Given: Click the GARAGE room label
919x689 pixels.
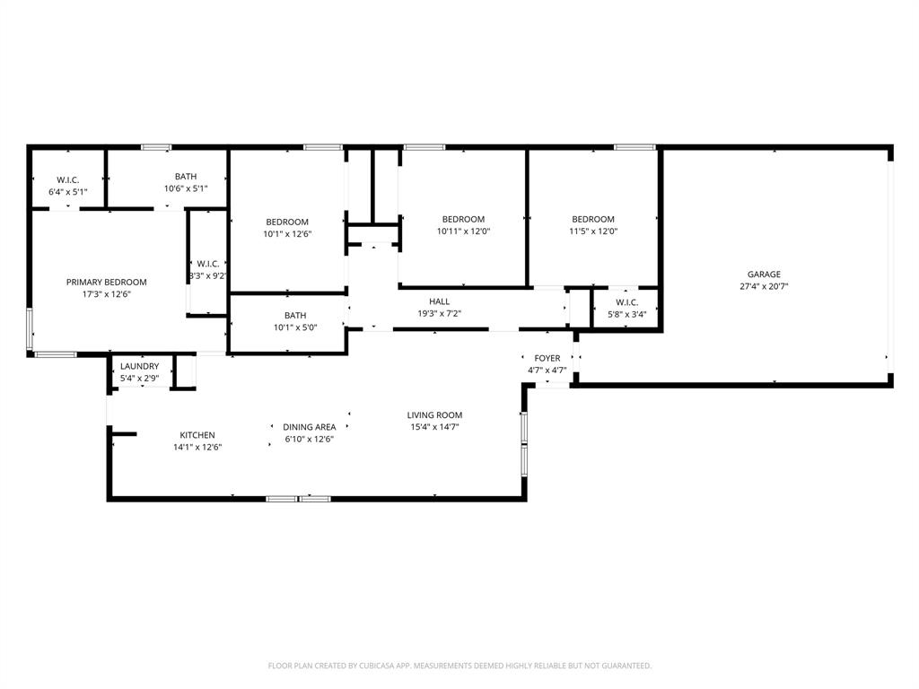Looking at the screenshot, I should [x=764, y=275].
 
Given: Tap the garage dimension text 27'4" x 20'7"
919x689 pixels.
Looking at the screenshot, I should [x=764, y=287].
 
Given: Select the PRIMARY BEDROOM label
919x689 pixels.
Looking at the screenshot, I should [x=106, y=282].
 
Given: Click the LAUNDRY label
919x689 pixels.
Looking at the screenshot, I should [x=140, y=366].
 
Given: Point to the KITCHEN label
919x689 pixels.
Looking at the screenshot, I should [x=197, y=435].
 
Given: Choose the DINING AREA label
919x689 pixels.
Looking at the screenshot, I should [x=310, y=427].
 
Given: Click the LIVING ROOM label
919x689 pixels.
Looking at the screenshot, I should [x=434, y=415].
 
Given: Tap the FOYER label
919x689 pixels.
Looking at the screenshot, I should [x=547, y=358].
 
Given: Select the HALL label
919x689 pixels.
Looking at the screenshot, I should [x=439, y=301].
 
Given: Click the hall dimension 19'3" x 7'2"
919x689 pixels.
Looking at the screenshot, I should [x=439, y=314].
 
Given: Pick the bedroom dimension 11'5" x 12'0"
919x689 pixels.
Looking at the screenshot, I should [x=593, y=231].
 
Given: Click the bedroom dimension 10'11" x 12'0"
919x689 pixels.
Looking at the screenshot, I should [x=463, y=231].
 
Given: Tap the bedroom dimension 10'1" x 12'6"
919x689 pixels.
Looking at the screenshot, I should [x=287, y=234].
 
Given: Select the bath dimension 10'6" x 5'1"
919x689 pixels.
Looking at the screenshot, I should [x=186, y=188].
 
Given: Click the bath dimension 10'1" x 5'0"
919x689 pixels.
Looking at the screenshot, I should [x=295, y=327].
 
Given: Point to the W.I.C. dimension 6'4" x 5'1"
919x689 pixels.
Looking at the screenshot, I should [x=68, y=192].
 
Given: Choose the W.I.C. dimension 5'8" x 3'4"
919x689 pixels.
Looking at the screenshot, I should [x=626, y=314].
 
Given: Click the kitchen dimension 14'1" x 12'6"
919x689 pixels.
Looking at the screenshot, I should [x=197, y=447].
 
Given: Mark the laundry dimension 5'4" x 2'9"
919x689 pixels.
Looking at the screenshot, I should [x=140, y=379].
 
